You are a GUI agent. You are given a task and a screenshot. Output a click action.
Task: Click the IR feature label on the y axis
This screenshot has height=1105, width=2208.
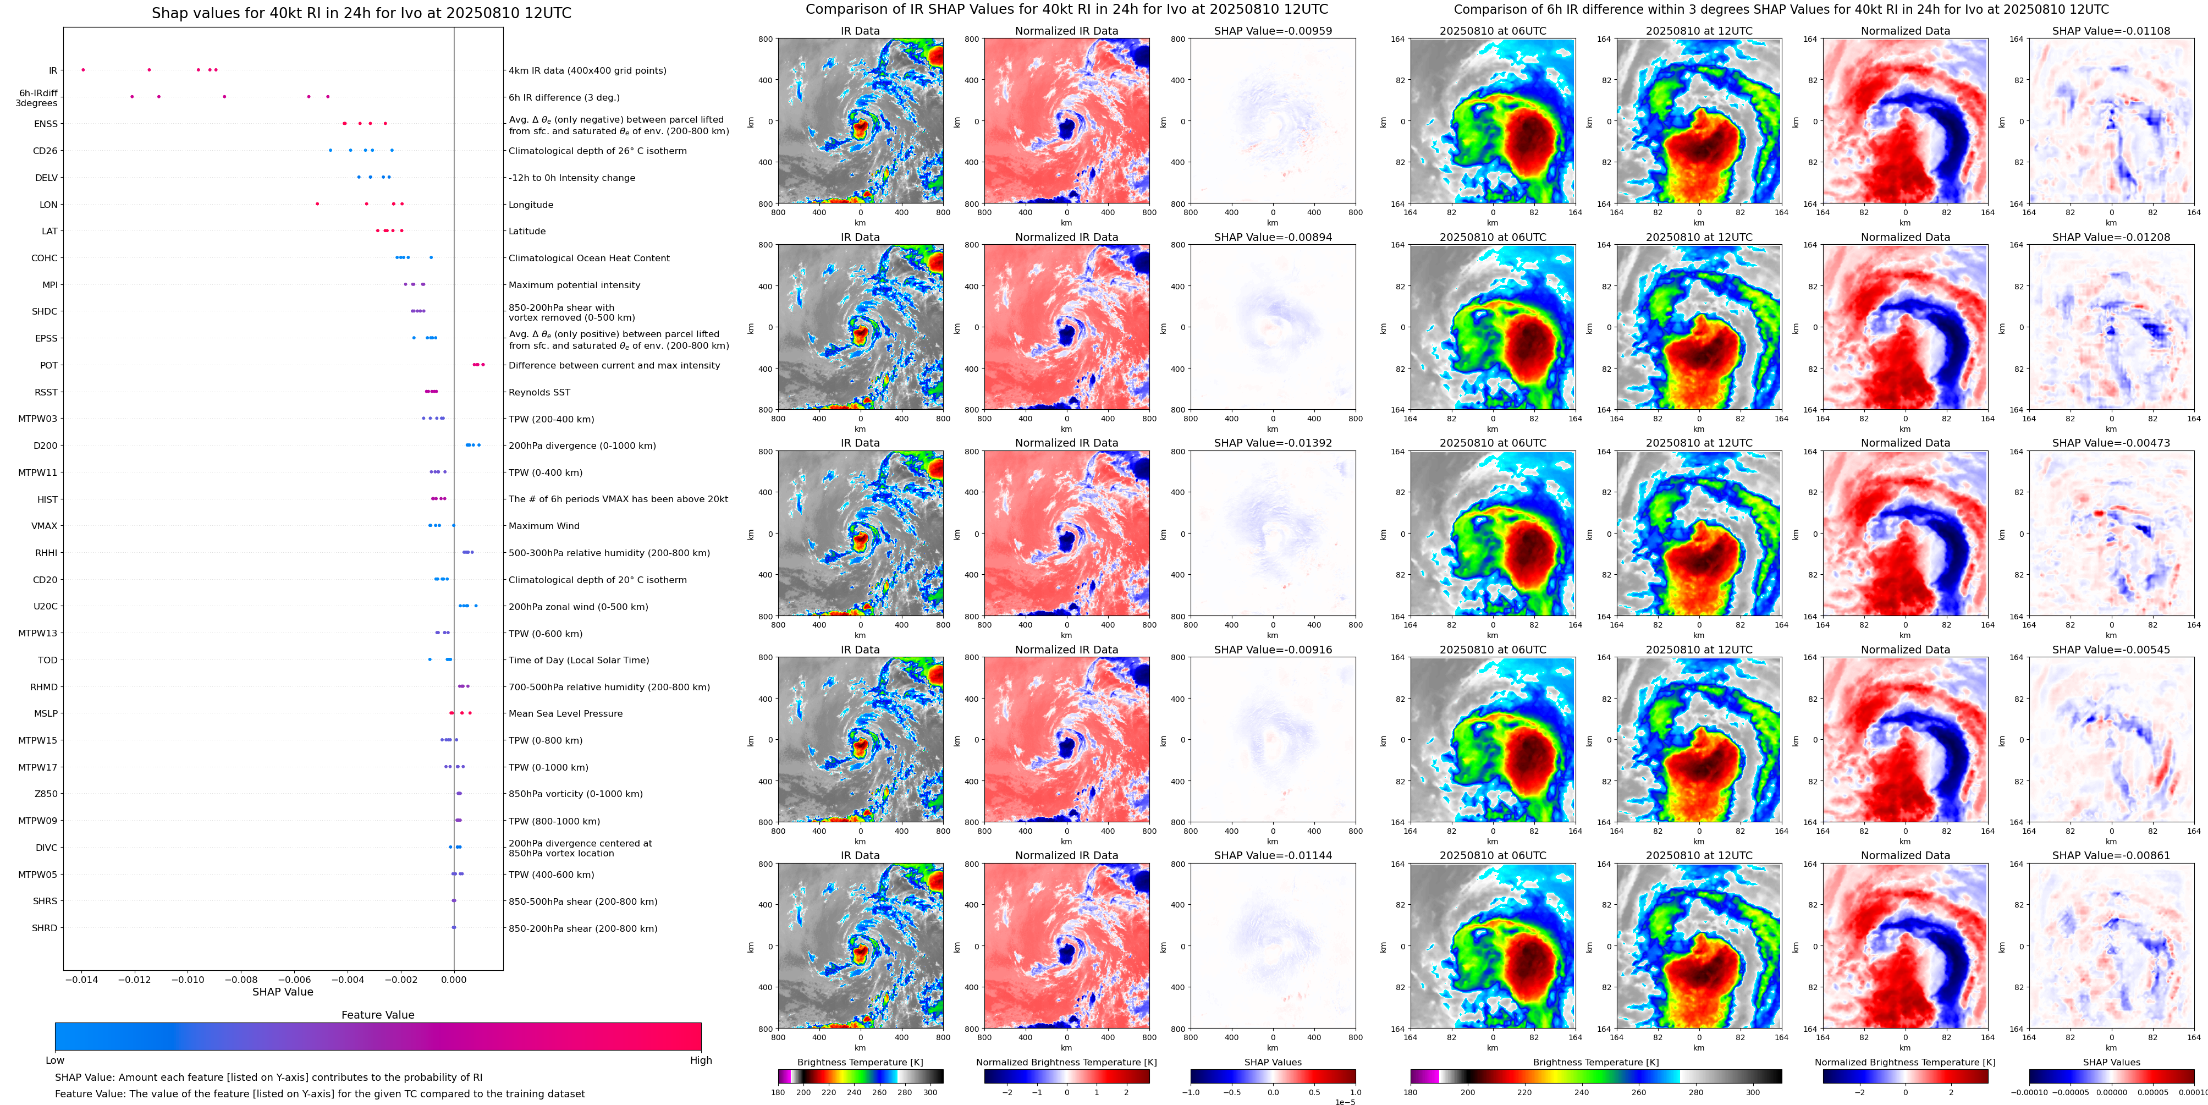click(x=52, y=71)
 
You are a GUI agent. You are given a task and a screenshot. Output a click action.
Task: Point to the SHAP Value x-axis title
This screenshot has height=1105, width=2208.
click(x=283, y=992)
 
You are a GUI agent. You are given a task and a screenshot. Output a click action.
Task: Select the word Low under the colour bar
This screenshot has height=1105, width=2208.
click(x=55, y=1060)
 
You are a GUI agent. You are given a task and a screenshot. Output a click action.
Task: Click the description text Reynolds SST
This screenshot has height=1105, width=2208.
click(x=539, y=393)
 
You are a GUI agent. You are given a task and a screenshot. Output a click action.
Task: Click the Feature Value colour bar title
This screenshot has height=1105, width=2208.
click(x=377, y=1015)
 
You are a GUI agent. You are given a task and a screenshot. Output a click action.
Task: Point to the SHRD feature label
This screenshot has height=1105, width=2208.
click(x=45, y=928)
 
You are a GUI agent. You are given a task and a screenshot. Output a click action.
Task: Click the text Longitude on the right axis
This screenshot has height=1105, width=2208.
click(x=531, y=205)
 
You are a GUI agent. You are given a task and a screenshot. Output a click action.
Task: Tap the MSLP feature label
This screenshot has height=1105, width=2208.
click(x=46, y=714)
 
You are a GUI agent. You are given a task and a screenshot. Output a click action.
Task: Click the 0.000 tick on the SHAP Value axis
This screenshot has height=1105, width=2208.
click(x=454, y=979)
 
